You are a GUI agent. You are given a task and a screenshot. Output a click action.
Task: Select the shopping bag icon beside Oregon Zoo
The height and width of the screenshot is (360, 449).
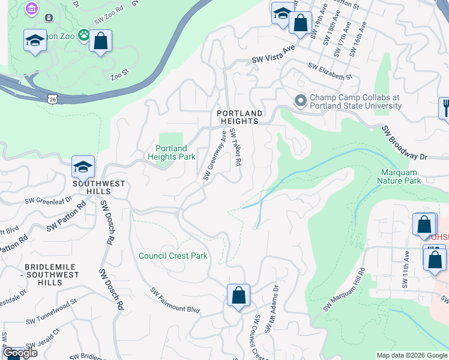[101, 41]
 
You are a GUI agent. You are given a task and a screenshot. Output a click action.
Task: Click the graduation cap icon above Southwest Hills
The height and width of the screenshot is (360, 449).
[83, 167]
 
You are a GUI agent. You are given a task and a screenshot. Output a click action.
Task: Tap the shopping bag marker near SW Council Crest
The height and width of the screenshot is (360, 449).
[238, 295]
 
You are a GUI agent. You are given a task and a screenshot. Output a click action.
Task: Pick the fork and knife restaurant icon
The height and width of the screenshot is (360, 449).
[445, 109]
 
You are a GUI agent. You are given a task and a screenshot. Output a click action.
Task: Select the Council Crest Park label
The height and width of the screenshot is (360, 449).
[173, 256]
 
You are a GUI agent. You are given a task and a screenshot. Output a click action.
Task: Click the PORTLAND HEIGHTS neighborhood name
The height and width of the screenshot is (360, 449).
[240, 117]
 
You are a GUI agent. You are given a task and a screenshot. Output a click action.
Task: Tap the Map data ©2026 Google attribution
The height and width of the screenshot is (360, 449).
[411, 355]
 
